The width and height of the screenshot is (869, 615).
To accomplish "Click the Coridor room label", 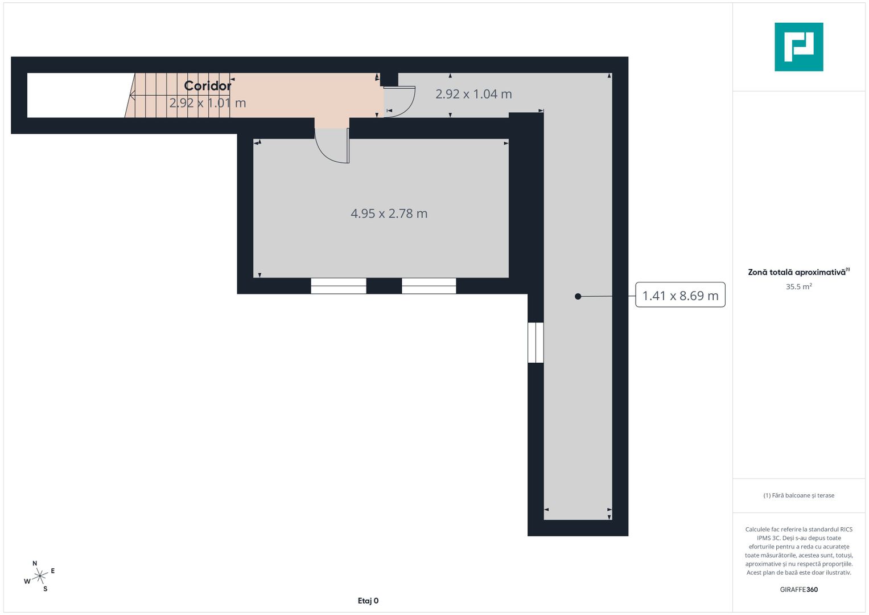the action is [208, 86].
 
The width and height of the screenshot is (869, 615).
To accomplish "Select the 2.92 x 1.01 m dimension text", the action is [208, 103].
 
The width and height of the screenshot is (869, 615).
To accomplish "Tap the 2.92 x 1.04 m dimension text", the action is [473, 94].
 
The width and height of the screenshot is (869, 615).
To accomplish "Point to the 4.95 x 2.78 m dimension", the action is [389, 214].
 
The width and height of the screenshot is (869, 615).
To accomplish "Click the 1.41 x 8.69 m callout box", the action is [680, 295].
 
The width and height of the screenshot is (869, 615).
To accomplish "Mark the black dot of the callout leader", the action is [578, 297].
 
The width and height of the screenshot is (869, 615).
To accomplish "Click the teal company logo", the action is [799, 47].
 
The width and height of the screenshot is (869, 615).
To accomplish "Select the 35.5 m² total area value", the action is [799, 286].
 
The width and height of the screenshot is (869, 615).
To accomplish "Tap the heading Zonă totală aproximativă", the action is [798, 272].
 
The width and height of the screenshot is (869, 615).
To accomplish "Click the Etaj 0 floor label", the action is [368, 601].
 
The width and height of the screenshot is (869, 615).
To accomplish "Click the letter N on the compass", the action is [35, 563].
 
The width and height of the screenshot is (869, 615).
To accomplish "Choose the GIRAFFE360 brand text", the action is [799, 589].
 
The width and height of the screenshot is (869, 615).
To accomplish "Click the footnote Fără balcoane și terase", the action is [799, 495].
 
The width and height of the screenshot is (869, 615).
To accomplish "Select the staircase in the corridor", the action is [178, 95].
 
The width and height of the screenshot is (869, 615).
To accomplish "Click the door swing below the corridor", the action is [332, 146].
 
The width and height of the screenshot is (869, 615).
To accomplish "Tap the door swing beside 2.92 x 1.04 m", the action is [400, 102].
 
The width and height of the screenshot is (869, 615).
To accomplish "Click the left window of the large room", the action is [338, 286].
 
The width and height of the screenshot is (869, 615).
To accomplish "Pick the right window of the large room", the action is [429, 286].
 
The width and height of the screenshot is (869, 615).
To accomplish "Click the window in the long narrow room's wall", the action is [536, 342].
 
